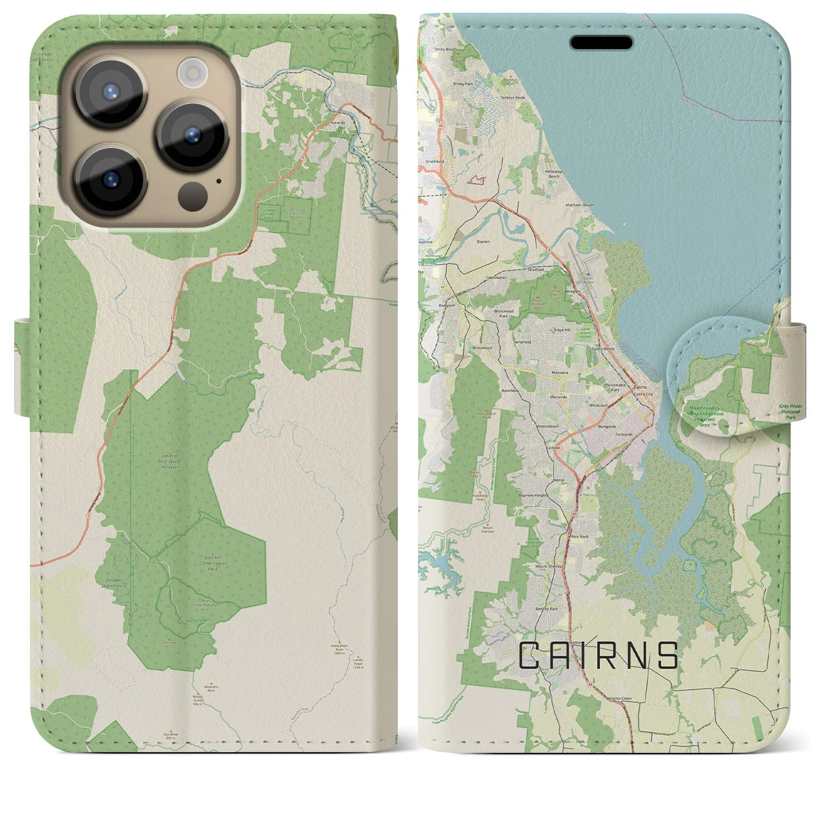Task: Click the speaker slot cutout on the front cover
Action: (x=601, y=43)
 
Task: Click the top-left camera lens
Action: (x=110, y=91)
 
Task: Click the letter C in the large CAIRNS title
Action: (x=531, y=655)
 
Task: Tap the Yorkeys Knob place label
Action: (x=512, y=98)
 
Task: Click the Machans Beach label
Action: (x=579, y=205)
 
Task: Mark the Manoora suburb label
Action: (x=560, y=371)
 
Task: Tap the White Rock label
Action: (x=578, y=537)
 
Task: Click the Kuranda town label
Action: (x=338, y=121)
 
